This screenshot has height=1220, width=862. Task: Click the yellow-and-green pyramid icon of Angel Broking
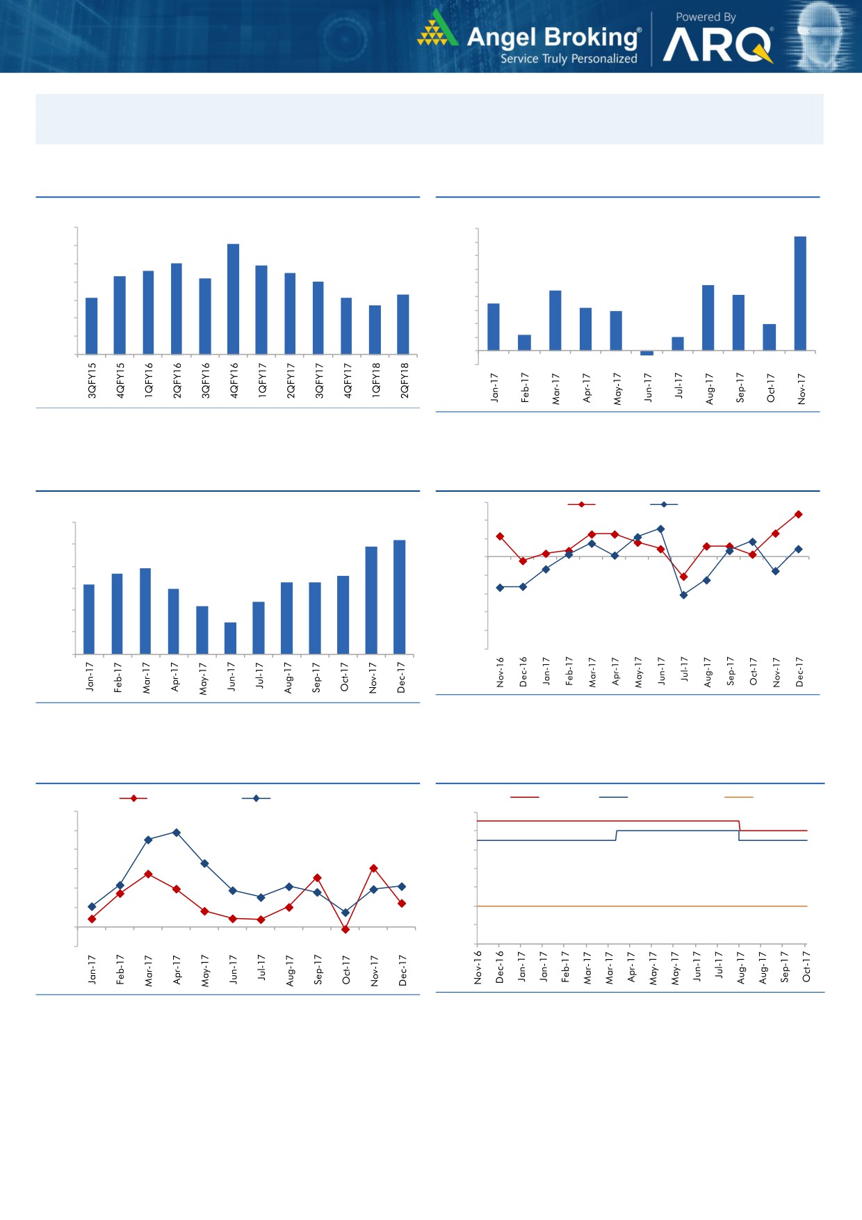pyautogui.click(x=437, y=29)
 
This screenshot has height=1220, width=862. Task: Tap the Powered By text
pyautogui.click(x=706, y=17)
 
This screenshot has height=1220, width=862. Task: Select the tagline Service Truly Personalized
pyautogui.click(x=569, y=59)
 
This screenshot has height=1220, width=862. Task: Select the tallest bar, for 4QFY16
pyautogui.click(x=234, y=299)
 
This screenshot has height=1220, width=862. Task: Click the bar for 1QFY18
pyautogui.click(x=375, y=330)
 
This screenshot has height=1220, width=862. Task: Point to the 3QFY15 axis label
pyautogui.click(x=92, y=380)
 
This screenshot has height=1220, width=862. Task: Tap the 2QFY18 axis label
pyautogui.click(x=405, y=380)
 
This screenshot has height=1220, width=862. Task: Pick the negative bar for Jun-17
pyautogui.click(x=646, y=353)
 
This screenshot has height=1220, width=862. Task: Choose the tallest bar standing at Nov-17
pyautogui.click(x=800, y=293)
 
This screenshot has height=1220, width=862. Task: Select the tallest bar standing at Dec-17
pyautogui.click(x=400, y=597)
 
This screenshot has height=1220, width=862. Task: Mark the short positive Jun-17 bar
pyautogui.click(x=230, y=638)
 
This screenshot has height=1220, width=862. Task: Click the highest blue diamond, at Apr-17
pyautogui.click(x=177, y=833)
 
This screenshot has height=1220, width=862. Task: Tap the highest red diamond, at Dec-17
pyautogui.click(x=799, y=515)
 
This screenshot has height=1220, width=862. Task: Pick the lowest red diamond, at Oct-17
pyautogui.click(x=345, y=929)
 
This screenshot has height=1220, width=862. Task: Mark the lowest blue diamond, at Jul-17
pyautogui.click(x=683, y=595)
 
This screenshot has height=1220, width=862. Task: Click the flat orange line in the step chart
pyautogui.click(x=640, y=906)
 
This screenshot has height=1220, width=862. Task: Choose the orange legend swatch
pyautogui.click(x=738, y=797)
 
